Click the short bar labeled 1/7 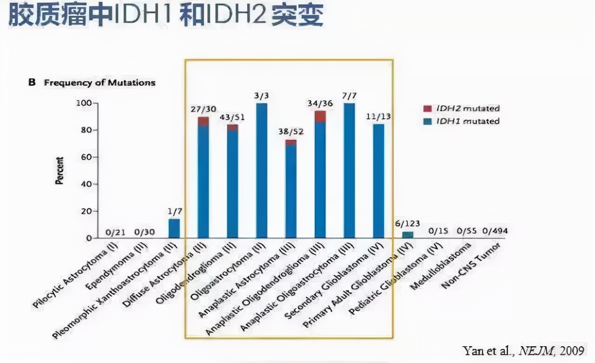[x=174, y=228]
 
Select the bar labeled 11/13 [x=379, y=181]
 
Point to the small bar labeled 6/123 [x=408, y=235]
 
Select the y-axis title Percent [x=59, y=171]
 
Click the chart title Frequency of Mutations [x=99, y=83]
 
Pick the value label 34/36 [x=320, y=103]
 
